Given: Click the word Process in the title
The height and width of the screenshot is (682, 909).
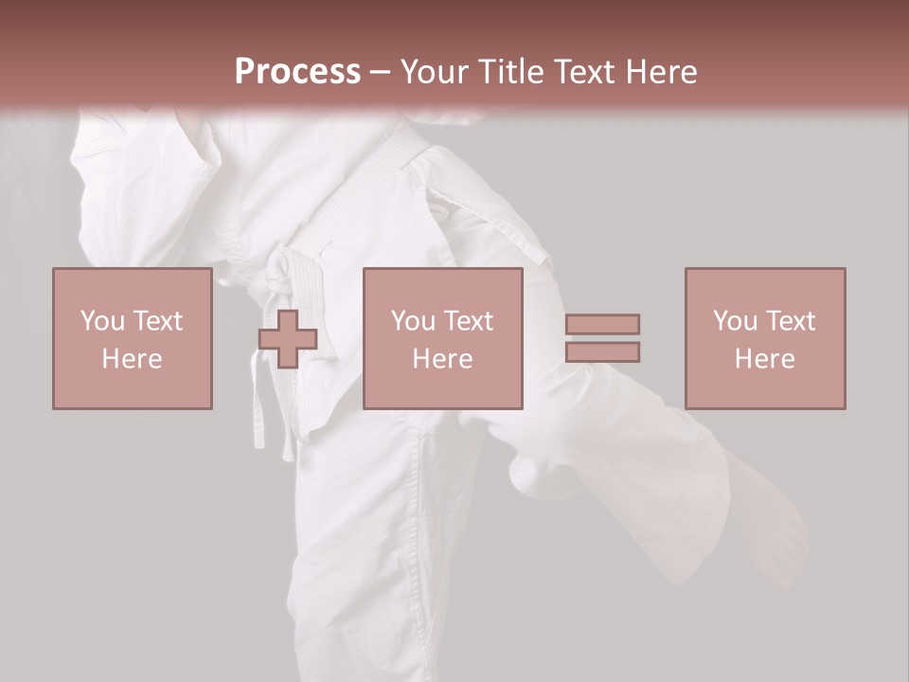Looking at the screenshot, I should (x=297, y=72).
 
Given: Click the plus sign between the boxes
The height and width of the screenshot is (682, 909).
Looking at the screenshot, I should (x=288, y=339).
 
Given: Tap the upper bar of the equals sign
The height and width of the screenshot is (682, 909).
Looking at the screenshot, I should (x=602, y=324).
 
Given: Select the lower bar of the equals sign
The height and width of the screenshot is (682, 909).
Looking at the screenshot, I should (x=602, y=351).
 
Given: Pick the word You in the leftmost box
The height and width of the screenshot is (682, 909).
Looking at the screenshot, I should (x=103, y=320).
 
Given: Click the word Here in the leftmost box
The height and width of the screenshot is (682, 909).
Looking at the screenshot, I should (x=132, y=358).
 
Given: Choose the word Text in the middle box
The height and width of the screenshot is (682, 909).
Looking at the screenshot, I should (x=470, y=320).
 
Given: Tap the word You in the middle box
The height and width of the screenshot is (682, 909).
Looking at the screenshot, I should (x=414, y=320).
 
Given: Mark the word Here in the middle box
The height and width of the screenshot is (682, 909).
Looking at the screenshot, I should (x=442, y=358).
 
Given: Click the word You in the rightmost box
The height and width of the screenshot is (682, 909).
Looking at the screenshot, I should (x=736, y=320).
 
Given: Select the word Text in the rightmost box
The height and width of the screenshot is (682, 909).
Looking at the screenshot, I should (x=792, y=320).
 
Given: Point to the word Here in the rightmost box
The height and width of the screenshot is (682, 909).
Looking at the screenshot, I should (x=764, y=358).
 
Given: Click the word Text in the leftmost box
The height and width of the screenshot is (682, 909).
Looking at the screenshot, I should (x=159, y=320).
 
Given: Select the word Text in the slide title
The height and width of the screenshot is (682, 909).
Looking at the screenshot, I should (x=580, y=72).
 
